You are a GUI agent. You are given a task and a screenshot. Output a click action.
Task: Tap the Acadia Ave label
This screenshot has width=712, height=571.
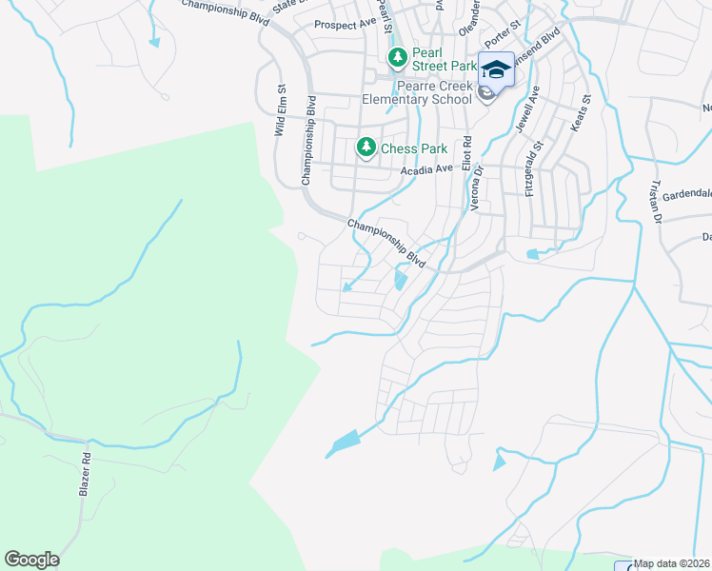point(428,169)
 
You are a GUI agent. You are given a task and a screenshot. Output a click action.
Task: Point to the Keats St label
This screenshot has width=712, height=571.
point(581,112)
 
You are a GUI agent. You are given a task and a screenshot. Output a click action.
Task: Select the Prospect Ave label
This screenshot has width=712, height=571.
point(346,24)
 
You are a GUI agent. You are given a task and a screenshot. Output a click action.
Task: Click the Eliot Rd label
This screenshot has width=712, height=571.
point(466,153)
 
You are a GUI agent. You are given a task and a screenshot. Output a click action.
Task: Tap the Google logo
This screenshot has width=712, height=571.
point(31,560)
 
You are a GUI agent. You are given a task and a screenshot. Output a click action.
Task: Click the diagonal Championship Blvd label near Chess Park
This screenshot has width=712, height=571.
point(385,242)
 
